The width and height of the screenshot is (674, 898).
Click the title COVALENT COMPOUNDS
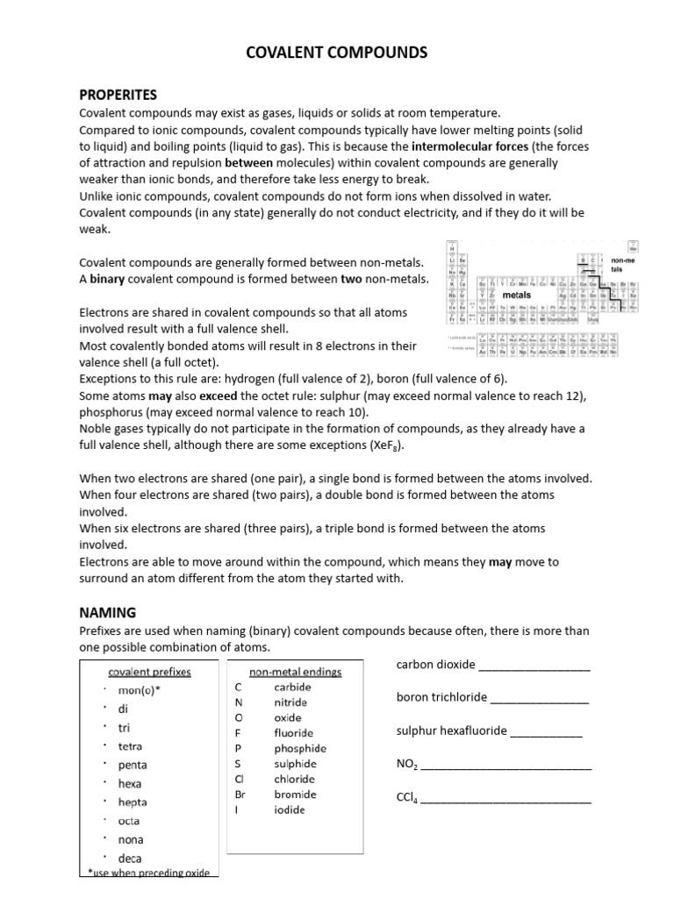[x=336, y=53]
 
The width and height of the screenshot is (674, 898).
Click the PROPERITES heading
[x=118, y=94]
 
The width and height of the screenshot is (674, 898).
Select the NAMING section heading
[x=108, y=612]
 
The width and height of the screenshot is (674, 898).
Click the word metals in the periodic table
[x=516, y=296]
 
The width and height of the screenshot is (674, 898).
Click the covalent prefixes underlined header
[x=149, y=672]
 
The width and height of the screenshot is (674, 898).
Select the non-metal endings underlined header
[x=296, y=672]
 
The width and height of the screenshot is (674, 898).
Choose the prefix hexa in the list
[x=129, y=783]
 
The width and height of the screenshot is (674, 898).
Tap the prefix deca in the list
[x=129, y=858]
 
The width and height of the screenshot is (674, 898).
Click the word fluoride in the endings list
[x=293, y=732]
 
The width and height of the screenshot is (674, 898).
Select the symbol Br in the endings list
[x=240, y=795]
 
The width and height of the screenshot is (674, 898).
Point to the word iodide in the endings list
[x=290, y=809]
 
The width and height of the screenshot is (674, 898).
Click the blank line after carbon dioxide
[x=534, y=666]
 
